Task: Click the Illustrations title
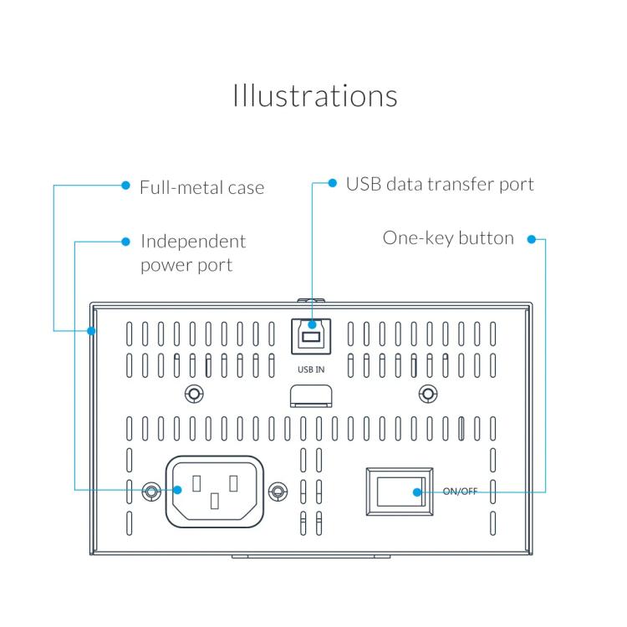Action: pyautogui.click(x=314, y=95)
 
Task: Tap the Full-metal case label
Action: pyautogui.click(x=201, y=187)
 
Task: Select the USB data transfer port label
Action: pyautogui.click(x=440, y=184)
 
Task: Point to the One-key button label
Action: pyautogui.click(x=448, y=238)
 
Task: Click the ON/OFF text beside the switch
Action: pyautogui.click(x=460, y=492)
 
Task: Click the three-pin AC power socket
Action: pyautogui.click(x=215, y=490)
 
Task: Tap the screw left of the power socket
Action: pyautogui.click(x=151, y=491)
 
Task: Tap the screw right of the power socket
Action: pyautogui.click(x=278, y=491)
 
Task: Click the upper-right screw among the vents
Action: pyautogui.click(x=426, y=394)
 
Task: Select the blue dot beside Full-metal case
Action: pyautogui.click(x=125, y=186)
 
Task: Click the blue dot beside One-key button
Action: pyautogui.click(x=531, y=240)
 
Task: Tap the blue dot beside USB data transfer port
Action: pyautogui.click(x=332, y=183)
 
